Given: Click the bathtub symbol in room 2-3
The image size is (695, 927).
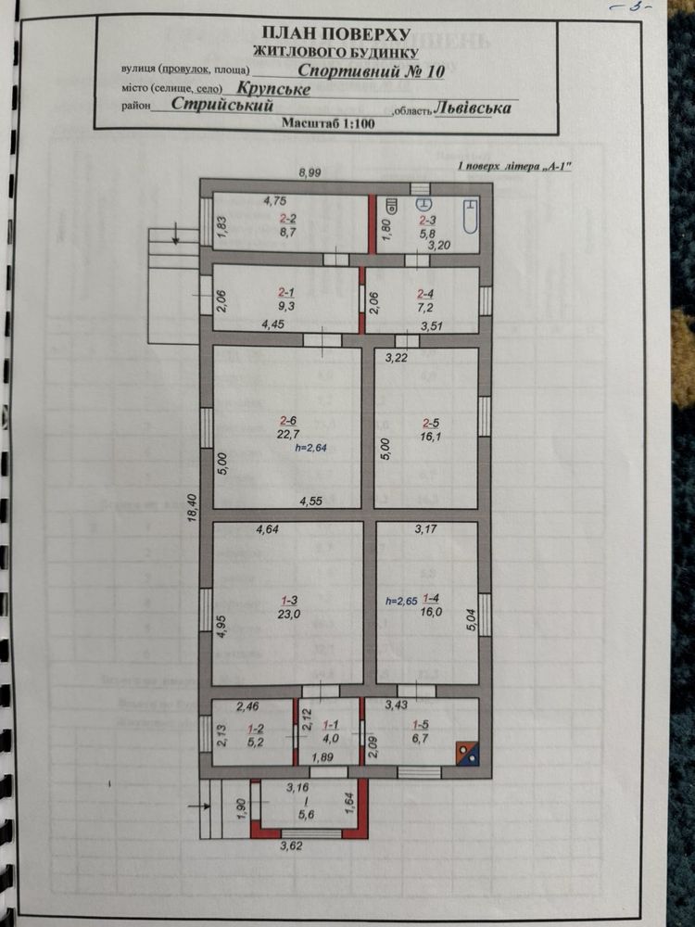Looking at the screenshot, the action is [471, 216].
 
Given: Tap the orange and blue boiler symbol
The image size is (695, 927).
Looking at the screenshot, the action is [467, 753].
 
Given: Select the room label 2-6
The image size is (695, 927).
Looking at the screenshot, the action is [288, 421].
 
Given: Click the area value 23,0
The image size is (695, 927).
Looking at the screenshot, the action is [288, 614].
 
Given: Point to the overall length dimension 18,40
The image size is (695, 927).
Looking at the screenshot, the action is [192, 508].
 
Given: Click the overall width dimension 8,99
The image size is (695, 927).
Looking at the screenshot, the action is [310, 172].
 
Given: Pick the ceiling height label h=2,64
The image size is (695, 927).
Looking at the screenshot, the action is [310, 448].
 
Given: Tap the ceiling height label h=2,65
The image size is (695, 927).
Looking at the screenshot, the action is [401, 601].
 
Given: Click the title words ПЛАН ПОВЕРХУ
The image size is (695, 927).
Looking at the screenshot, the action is [335, 33].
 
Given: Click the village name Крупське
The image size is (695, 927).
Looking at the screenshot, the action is [273, 89].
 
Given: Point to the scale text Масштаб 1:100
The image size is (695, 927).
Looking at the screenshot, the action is [328, 123].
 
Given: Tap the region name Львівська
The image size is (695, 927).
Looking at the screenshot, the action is [473, 108].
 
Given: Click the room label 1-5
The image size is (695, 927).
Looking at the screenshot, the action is [420, 724].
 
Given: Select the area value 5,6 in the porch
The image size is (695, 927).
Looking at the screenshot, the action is [307, 814].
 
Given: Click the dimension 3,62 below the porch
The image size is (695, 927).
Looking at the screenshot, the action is [291, 845].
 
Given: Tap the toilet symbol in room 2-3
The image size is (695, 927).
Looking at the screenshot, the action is [424, 204].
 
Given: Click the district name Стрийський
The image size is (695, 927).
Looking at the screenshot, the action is [222, 104].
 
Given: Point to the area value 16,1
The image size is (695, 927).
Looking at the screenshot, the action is [431, 437].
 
